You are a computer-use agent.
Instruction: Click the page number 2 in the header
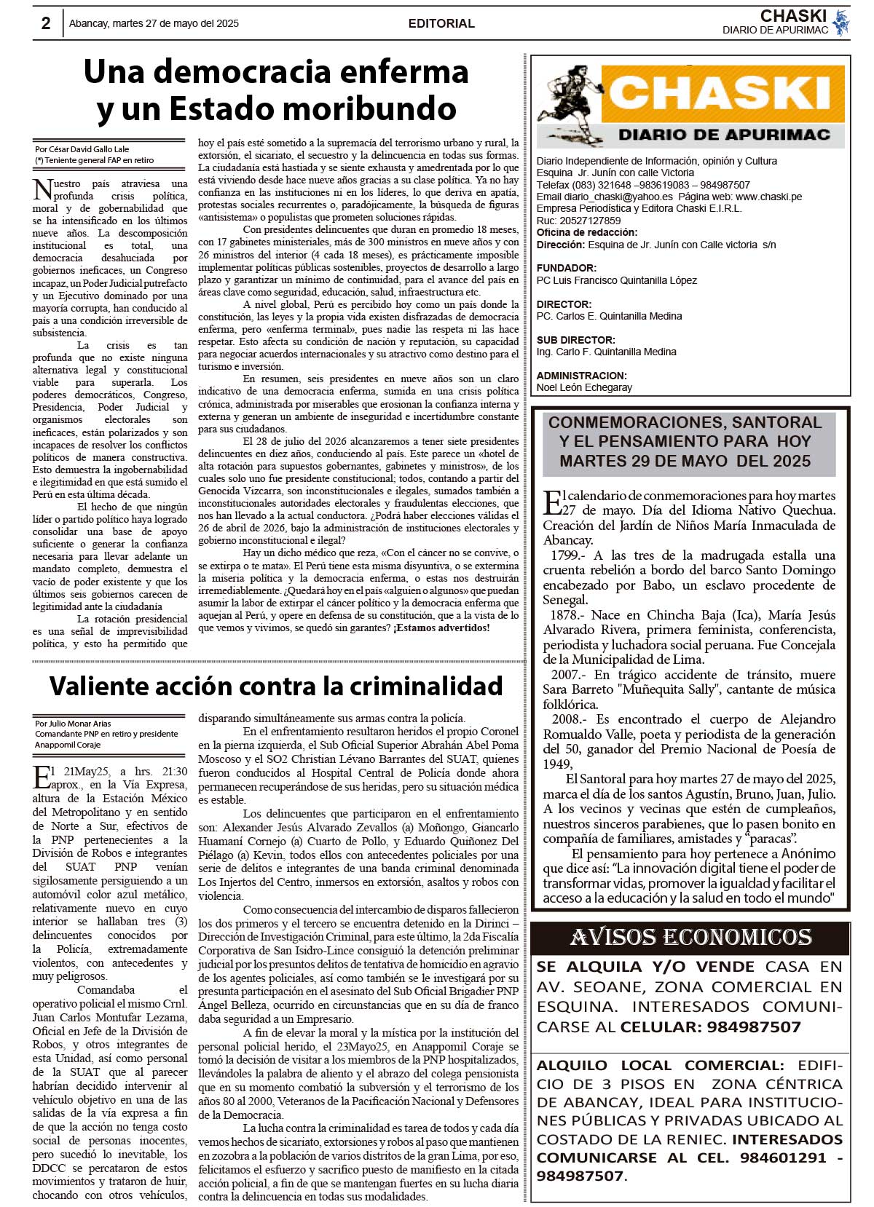pos(46,23)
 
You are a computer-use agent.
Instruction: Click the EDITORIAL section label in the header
pos(441,23)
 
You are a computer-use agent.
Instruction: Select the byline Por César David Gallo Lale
pos(82,149)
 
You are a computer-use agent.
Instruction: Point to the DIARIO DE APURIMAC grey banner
pos(724,135)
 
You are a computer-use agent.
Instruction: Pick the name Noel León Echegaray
pos(584,387)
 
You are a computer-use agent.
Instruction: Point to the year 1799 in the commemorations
pos(566,555)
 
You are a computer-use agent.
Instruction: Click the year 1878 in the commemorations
pos(566,615)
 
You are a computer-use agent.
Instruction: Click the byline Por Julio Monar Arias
pos(74,724)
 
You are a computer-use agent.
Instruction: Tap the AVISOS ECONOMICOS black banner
pos(690,938)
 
